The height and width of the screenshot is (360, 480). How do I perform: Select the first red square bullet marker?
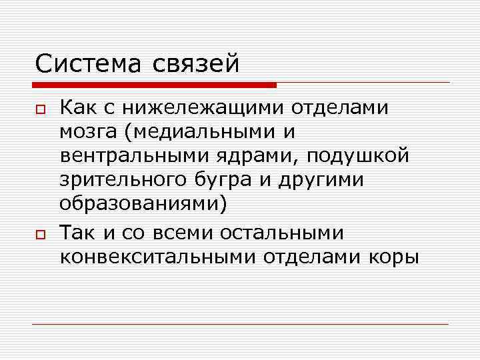tap(39, 109)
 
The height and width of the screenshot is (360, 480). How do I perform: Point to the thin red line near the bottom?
tap(240, 324)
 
